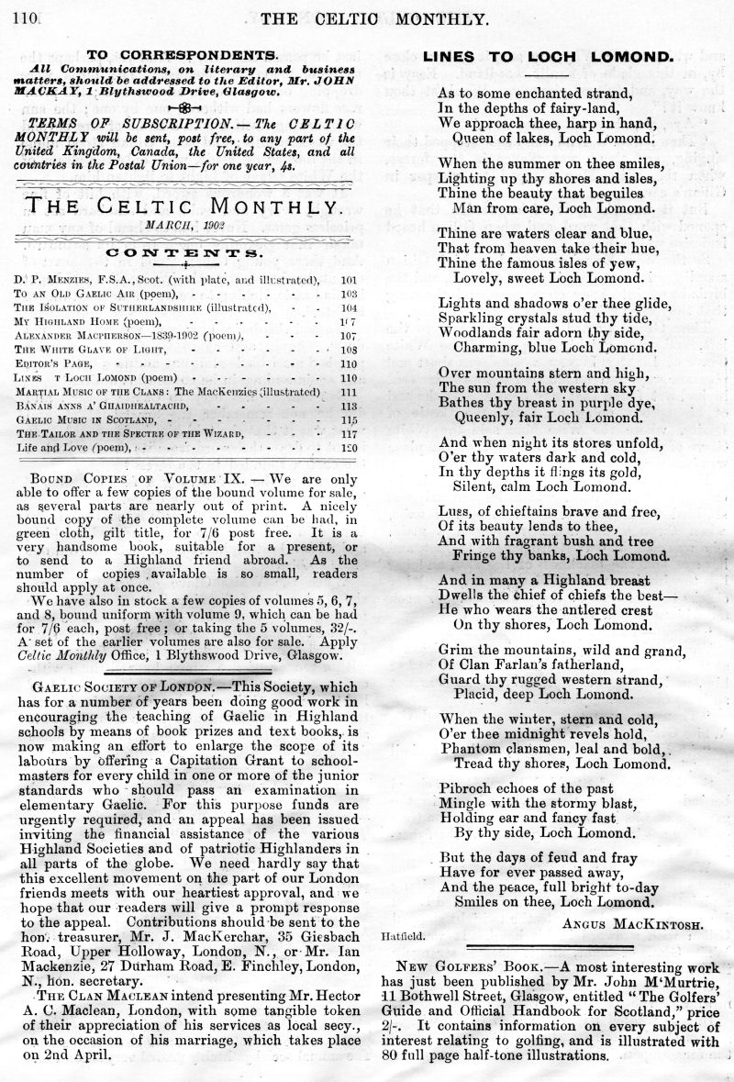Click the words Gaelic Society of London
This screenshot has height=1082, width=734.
(128, 686)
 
